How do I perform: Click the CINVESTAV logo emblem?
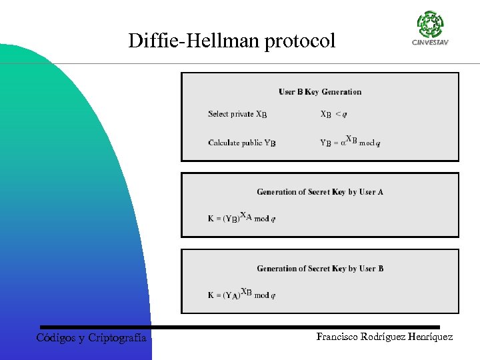pos(430,25)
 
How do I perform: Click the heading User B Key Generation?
pos(320,92)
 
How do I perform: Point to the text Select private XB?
pos(237,114)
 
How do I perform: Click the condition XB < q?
pos(333,114)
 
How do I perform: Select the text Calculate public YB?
pos(241,143)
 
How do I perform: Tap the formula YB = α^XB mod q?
pos(349,141)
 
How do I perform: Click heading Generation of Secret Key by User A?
pos(320,192)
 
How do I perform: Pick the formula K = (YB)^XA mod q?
pos(241,217)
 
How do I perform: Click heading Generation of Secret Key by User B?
pos(320,269)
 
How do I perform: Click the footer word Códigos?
pos(56,338)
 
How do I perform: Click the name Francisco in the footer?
pos(339,337)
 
